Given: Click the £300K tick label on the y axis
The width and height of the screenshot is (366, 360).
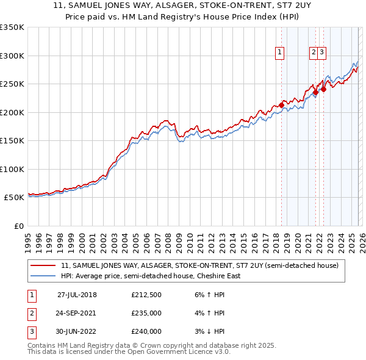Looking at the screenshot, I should point(12,56).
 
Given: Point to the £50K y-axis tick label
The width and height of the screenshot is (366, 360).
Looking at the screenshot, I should point(13,198).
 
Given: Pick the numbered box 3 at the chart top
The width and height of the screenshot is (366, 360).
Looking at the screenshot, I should point(321,53).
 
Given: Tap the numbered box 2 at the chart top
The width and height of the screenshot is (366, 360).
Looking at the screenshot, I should point(313,53).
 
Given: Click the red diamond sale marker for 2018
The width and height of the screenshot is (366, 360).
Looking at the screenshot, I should point(281,106).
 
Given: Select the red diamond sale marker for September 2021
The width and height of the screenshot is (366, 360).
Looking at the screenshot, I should point(315,93).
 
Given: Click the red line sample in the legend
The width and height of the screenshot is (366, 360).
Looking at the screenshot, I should point(44,265).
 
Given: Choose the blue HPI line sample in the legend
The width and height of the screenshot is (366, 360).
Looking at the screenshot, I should point(44,276).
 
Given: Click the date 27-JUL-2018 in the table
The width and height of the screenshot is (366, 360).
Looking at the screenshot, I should point(77,294).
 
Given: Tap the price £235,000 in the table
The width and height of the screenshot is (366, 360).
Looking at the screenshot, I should point(146,313).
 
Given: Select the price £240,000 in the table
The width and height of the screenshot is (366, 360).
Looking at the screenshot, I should point(146,331).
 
